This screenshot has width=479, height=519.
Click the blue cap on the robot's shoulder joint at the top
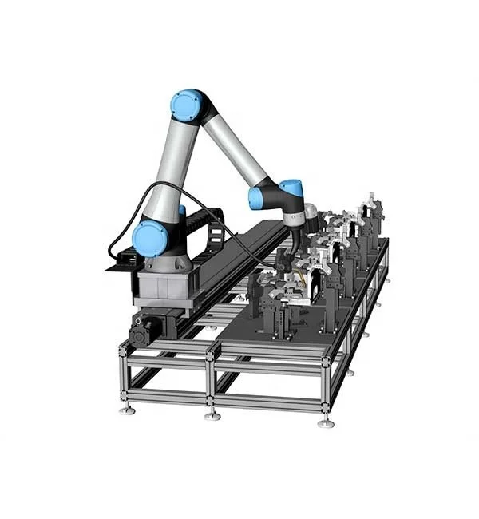(187, 106)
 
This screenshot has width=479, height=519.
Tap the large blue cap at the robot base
(150, 238)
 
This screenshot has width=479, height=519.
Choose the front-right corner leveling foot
(325, 421)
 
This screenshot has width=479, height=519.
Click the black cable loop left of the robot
(120, 232)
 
